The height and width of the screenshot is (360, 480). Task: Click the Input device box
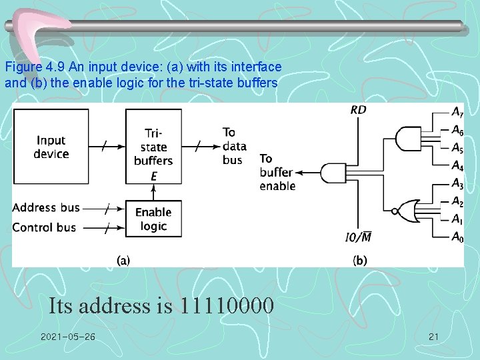51,147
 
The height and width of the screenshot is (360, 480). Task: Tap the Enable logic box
153,219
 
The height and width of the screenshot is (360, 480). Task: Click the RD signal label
358,110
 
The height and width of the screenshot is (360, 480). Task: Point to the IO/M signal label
358,237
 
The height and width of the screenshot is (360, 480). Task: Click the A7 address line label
457,111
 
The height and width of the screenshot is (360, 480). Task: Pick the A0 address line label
457,237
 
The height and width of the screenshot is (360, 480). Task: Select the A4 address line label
457,165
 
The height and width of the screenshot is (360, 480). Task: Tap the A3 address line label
457,183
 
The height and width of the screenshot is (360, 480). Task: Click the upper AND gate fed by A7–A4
406,139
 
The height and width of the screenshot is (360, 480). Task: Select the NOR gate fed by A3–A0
406,211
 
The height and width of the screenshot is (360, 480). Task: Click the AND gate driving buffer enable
331,173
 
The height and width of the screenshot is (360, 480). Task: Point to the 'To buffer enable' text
277,172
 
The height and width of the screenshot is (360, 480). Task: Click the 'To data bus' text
235,146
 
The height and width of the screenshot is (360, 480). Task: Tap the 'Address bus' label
46,207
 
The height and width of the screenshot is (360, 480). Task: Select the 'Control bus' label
44,227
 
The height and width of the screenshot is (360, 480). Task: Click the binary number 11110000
226,306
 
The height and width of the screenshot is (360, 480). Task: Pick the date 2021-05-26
67,337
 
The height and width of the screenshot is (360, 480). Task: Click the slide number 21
433,337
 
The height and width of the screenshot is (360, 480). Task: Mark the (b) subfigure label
360,260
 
